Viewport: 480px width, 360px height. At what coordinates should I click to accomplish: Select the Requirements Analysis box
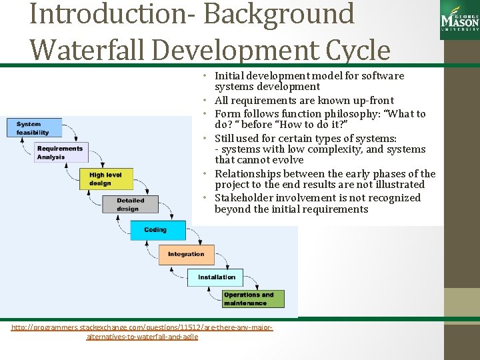point(60,153)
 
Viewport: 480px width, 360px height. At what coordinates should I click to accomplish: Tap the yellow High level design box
point(110,179)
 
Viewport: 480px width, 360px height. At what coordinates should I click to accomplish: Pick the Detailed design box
point(135,204)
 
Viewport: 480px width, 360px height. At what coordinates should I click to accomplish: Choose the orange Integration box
point(186,254)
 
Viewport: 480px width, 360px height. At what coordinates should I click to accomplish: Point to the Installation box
point(217,277)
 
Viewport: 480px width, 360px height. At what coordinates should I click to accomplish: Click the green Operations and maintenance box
point(253,299)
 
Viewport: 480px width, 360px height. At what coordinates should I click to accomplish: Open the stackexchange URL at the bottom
point(142,332)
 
